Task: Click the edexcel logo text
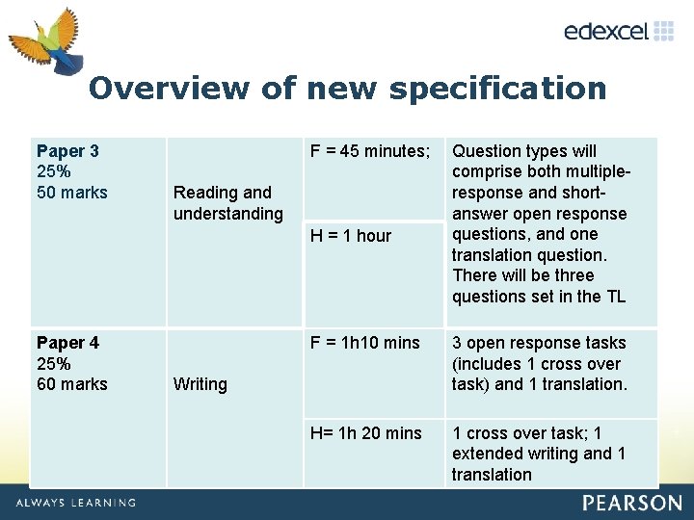click(x=605, y=31)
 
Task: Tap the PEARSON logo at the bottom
click(x=631, y=503)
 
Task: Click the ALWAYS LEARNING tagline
click(x=75, y=503)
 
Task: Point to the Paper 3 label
click(x=67, y=151)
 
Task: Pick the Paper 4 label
click(x=67, y=343)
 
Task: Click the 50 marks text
click(x=72, y=193)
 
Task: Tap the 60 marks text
click(x=72, y=384)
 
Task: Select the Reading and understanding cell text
click(x=228, y=203)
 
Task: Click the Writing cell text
click(x=200, y=384)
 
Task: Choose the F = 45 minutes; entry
click(x=369, y=151)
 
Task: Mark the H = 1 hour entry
click(x=351, y=236)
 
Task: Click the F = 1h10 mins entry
click(x=364, y=343)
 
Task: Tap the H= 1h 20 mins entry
click(x=365, y=433)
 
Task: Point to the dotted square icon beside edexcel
click(x=664, y=31)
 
